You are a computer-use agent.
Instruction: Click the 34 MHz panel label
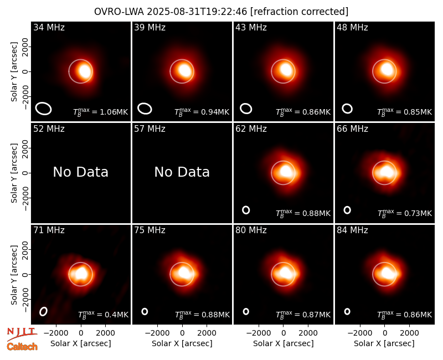[x=49, y=27]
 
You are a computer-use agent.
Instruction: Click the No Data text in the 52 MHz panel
[x=80, y=172]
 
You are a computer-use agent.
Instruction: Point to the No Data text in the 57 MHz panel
[x=182, y=172]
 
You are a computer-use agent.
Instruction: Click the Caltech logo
[x=22, y=347]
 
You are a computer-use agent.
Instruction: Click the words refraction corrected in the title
[x=299, y=12]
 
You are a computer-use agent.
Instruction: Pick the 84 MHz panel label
[x=352, y=230]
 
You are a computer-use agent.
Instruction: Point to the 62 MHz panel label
[x=251, y=129]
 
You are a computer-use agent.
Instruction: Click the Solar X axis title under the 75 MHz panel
[x=182, y=343]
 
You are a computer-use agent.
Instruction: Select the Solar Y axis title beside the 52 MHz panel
[x=14, y=173]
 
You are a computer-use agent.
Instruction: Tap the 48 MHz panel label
[x=352, y=27]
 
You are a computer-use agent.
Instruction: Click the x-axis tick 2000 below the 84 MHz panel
[x=409, y=333]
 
